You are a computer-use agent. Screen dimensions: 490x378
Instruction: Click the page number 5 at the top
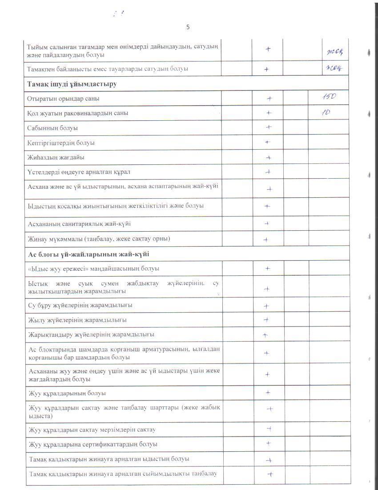pyautogui.click(x=188, y=27)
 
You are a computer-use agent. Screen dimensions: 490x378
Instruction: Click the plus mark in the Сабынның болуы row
pyautogui.click(x=269, y=127)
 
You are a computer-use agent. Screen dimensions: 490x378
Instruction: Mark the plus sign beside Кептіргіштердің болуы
pyautogui.click(x=268, y=143)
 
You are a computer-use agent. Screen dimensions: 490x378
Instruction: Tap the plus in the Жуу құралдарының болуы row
pyautogui.click(x=268, y=392)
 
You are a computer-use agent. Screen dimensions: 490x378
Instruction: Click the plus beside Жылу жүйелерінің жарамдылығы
pyautogui.click(x=266, y=319)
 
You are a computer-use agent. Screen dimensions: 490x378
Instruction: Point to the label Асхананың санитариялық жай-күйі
pyautogui.click(x=79, y=223)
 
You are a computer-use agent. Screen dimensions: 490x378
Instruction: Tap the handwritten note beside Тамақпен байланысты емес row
pyautogui.click(x=336, y=68)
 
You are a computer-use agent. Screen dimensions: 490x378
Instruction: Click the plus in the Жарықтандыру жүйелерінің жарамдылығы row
pyautogui.click(x=265, y=335)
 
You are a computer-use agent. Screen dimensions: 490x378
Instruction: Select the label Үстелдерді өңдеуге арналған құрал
pyautogui.click(x=79, y=172)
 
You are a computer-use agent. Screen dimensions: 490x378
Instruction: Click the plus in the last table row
pyautogui.click(x=269, y=475)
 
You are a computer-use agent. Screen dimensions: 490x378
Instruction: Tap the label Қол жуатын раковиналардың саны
pyautogui.click(x=78, y=113)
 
